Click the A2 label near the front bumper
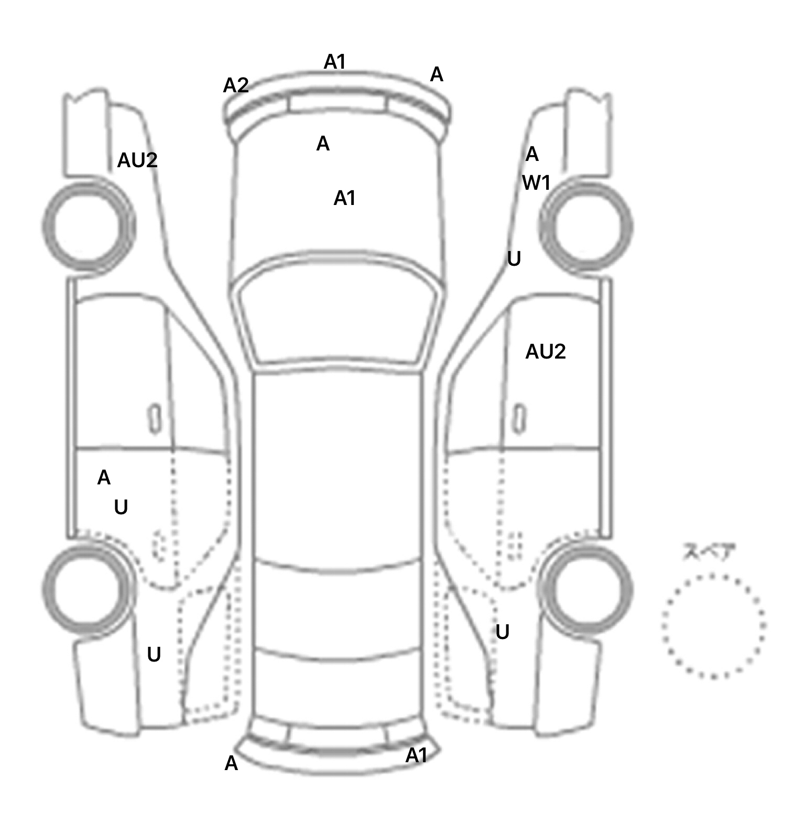(235, 85)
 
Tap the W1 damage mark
(536, 183)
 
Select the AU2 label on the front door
(545, 352)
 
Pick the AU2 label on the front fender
(137, 160)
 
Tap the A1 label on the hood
(344, 198)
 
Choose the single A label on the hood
(323, 144)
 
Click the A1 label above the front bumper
(335, 62)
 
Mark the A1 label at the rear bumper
(417, 755)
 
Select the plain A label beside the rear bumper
(231, 764)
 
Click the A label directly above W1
(532, 154)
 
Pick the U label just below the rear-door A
(121, 507)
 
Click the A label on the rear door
(104, 478)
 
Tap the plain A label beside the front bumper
(437, 75)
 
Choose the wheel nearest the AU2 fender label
(88, 227)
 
